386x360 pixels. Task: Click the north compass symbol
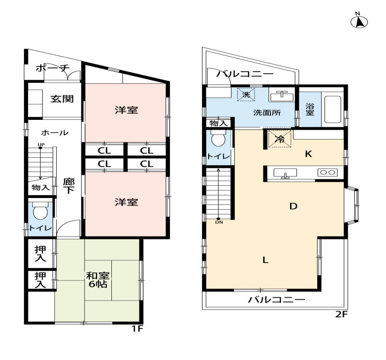pos(359,22)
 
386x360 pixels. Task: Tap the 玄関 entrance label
pos(62,99)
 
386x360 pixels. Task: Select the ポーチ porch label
pos(53,68)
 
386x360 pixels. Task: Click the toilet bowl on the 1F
pos(40,211)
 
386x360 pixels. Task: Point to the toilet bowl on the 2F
pos(218,139)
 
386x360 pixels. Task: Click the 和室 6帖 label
pos(97,279)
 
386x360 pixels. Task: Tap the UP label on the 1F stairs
pos(41,145)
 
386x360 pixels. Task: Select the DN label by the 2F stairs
pos(219,222)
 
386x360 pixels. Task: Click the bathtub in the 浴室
pos(333,110)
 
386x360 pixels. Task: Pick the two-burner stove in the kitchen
pos(328,172)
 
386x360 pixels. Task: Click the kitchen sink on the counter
pos(285,173)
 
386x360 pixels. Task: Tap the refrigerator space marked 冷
pos(279,139)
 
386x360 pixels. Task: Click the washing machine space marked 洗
pos(246,94)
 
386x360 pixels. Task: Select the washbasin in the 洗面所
pos(282,96)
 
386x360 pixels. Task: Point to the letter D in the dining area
pos(293,206)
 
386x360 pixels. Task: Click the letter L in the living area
pos(265,260)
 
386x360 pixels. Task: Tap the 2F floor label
pos(341,314)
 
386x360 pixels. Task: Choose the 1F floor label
pos(137,329)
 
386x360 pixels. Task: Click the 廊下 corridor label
pos(69,186)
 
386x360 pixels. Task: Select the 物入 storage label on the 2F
pos(218,123)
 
